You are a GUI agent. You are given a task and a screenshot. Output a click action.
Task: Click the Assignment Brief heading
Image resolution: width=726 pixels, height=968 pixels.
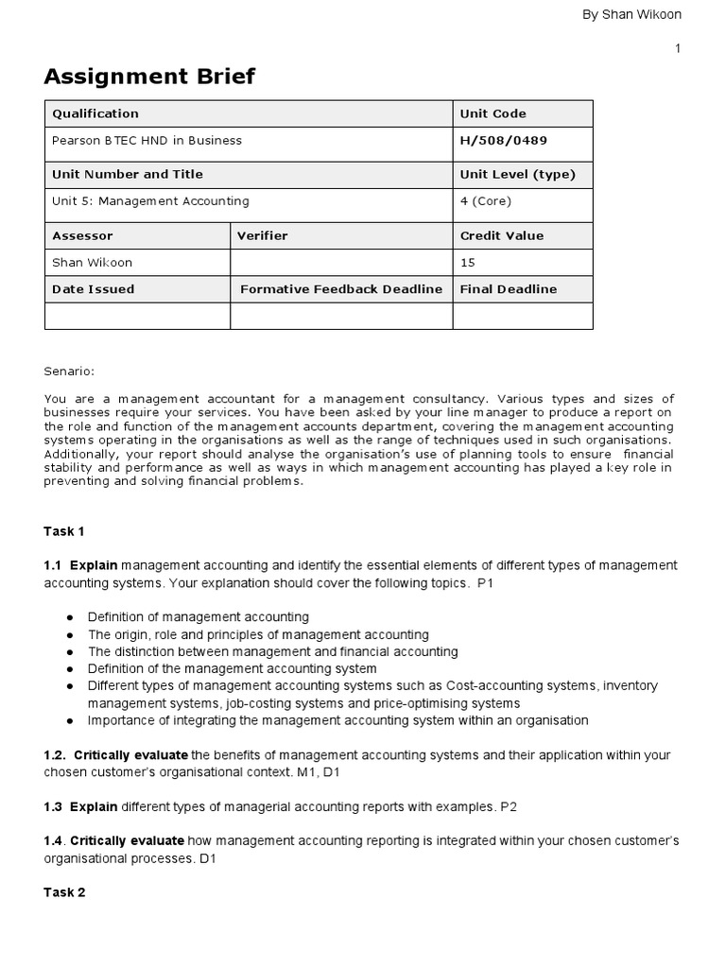149,77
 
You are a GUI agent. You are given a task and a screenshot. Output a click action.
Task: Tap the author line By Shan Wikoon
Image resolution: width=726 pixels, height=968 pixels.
632,14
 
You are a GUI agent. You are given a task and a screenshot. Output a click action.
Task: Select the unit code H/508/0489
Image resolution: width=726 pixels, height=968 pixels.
503,141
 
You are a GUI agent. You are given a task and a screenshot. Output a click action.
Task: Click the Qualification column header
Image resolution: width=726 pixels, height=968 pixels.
95,113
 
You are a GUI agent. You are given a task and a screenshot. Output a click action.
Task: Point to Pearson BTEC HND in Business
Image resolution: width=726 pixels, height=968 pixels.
147,141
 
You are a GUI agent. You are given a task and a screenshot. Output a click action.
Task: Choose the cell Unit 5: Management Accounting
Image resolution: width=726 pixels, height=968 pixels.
150,201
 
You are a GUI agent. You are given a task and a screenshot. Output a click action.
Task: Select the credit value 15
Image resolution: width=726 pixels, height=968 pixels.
468,263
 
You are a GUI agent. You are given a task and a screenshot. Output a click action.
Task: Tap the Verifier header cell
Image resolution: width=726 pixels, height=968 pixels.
262,235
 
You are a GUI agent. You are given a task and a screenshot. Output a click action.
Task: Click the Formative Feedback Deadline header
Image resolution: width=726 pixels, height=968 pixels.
341,289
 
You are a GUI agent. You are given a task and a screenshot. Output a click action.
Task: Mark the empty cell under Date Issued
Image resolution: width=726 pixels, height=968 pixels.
137,316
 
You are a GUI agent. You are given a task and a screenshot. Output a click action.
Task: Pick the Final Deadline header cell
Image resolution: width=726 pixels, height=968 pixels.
508,289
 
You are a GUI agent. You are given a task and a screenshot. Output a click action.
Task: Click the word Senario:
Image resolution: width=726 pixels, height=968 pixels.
69,372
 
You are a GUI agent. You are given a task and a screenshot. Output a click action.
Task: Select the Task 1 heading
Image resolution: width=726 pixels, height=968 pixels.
65,531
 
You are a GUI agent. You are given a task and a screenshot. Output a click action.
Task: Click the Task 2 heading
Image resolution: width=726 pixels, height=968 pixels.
65,892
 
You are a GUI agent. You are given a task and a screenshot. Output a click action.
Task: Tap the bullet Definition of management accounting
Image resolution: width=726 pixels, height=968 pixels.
198,617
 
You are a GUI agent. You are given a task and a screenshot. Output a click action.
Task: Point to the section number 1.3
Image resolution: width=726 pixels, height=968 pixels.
53,806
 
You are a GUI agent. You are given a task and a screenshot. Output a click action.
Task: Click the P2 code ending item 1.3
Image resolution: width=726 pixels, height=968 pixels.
510,806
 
